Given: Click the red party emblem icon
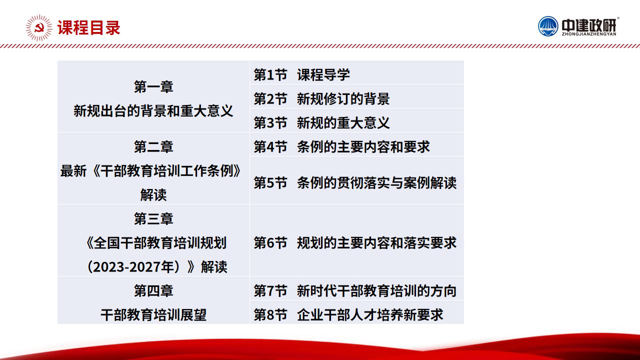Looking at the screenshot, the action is [39, 28].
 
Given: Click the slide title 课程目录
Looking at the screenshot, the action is [89, 27].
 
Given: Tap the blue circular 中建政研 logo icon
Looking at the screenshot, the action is [548, 26].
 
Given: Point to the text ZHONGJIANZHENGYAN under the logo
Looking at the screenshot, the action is [589, 34].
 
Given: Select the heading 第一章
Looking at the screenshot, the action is [153, 87].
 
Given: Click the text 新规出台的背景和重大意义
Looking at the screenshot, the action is [153, 111].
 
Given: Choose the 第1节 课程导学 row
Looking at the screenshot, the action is [301, 75].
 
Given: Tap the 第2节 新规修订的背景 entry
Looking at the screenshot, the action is [321, 99].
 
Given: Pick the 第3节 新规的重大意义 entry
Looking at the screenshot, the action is [321, 123].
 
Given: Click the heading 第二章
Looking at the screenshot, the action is [153, 147].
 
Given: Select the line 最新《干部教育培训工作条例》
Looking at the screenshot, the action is [150, 171].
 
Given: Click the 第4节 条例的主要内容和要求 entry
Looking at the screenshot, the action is [341, 147].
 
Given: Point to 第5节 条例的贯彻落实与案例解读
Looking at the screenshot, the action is [355, 183].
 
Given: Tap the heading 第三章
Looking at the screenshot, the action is [153, 219].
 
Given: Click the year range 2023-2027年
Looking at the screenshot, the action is [133, 267].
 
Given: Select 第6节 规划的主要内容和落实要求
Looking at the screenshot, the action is [355, 243].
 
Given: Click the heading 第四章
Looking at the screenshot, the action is [153, 291].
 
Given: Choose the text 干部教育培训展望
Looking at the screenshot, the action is [153, 315].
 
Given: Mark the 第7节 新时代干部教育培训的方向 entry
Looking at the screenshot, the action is [355, 291].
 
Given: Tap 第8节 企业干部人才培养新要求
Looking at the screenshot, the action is [348, 315].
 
